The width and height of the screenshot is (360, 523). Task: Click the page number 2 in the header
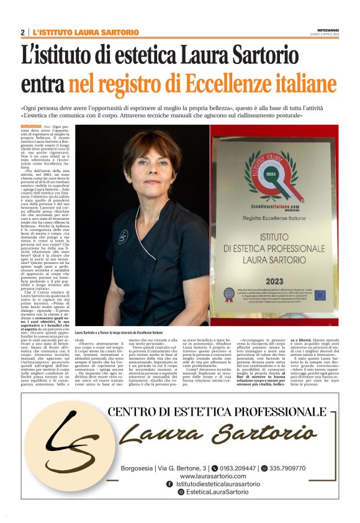pyautogui.click(x=23, y=32)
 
